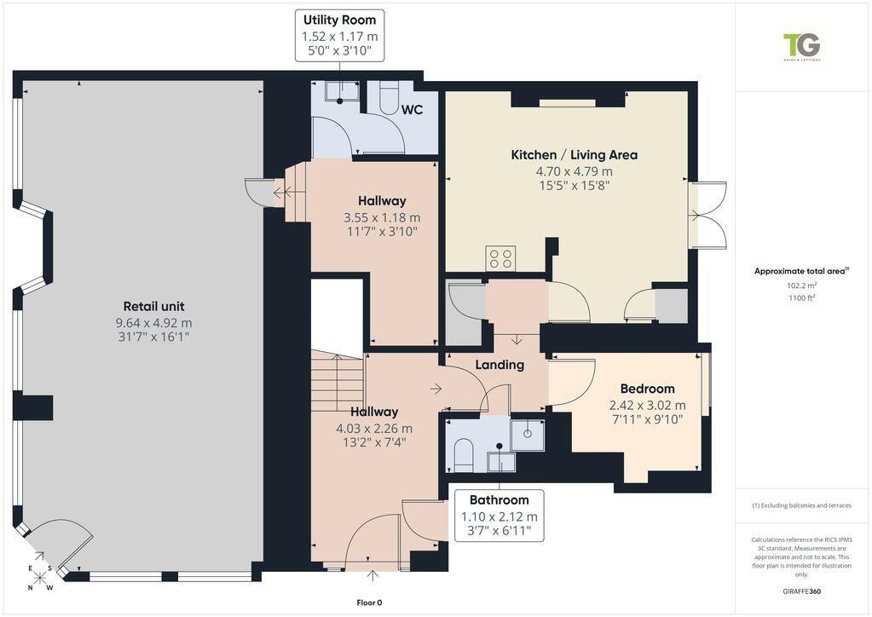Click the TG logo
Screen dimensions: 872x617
pyautogui.click(x=801, y=47)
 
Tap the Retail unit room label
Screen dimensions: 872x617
pyautogui.click(x=153, y=306)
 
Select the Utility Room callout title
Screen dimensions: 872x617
pyautogui.click(x=339, y=20)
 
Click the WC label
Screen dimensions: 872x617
pyautogui.click(x=412, y=109)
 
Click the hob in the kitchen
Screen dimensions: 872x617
pyautogui.click(x=500, y=258)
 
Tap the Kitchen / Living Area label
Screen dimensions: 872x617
pyautogui.click(x=574, y=155)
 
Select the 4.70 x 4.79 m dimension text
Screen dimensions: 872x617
pyautogui.click(x=574, y=171)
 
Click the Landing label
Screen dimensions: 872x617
pyautogui.click(x=500, y=365)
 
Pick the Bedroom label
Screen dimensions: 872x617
pyautogui.click(x=647, y=389)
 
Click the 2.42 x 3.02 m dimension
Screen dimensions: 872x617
pyautogui.click(x=647, y=405)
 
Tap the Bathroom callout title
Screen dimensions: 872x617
pyautogui.click(x=499, y=499)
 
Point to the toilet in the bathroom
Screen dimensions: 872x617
pyautogui.click(x=463, y=454)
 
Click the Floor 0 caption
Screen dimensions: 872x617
pyautogui.click(x=369, y=603)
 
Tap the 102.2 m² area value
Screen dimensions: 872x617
pyautogui.click(x=801, y=285)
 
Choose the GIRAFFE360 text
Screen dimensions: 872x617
pyautogui.click(x=801, y=591)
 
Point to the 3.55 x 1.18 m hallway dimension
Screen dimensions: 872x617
pyautogui.click(x=382, y=217)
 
